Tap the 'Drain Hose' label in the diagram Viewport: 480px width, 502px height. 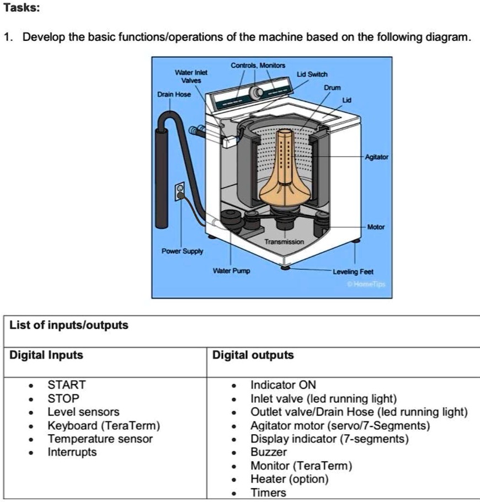pyautogui.click(x=175, y=94)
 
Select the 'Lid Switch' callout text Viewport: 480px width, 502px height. pyautogui.click(x=312, y=74)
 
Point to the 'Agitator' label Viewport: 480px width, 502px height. pyautogui.click(x=377, y=157)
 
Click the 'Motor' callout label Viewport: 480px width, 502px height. pyautogui.click(x=376, y=227)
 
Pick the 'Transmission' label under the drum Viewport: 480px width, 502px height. pyautogui.click(x=284, y=242)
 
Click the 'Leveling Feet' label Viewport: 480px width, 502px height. pyautogui.click(x=353, y=272)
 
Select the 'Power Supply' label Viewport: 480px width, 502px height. pyautogui.click(x=182, y=251)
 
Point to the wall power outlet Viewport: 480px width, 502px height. pyautogui.click(x=179, y=192)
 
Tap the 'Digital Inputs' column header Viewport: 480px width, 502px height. pyautogui.click(x=46, y=355)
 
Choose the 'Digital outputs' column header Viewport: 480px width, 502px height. pyautogui.click(x=253, y=355)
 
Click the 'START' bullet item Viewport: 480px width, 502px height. pyautogui.click(x=66, y=385)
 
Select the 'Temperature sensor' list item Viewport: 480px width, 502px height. pyautogui.click(x=100, y=439)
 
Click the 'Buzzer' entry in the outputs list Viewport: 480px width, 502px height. pyautogui.click(x=269, y=452)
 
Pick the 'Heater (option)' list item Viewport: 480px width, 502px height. pyautogui.click(x=289, y=479)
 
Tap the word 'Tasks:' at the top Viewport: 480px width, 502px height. pyautogui.click(x=20, y=9)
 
